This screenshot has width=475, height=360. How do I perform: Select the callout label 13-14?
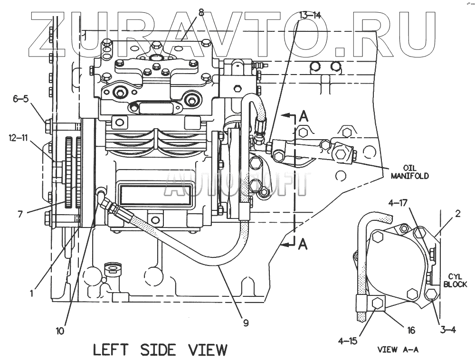310,15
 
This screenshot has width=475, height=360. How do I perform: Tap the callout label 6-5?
21,99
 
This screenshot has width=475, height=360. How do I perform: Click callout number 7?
20,214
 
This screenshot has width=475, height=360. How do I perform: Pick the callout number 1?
31,294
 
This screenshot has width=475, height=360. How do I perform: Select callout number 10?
60,330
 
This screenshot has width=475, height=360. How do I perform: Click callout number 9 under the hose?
246,323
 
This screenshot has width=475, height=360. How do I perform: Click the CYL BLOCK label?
455,280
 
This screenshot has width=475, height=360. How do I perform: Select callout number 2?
457,214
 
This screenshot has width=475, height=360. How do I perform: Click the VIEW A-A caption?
398,350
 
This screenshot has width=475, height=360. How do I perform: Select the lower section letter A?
303,244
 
